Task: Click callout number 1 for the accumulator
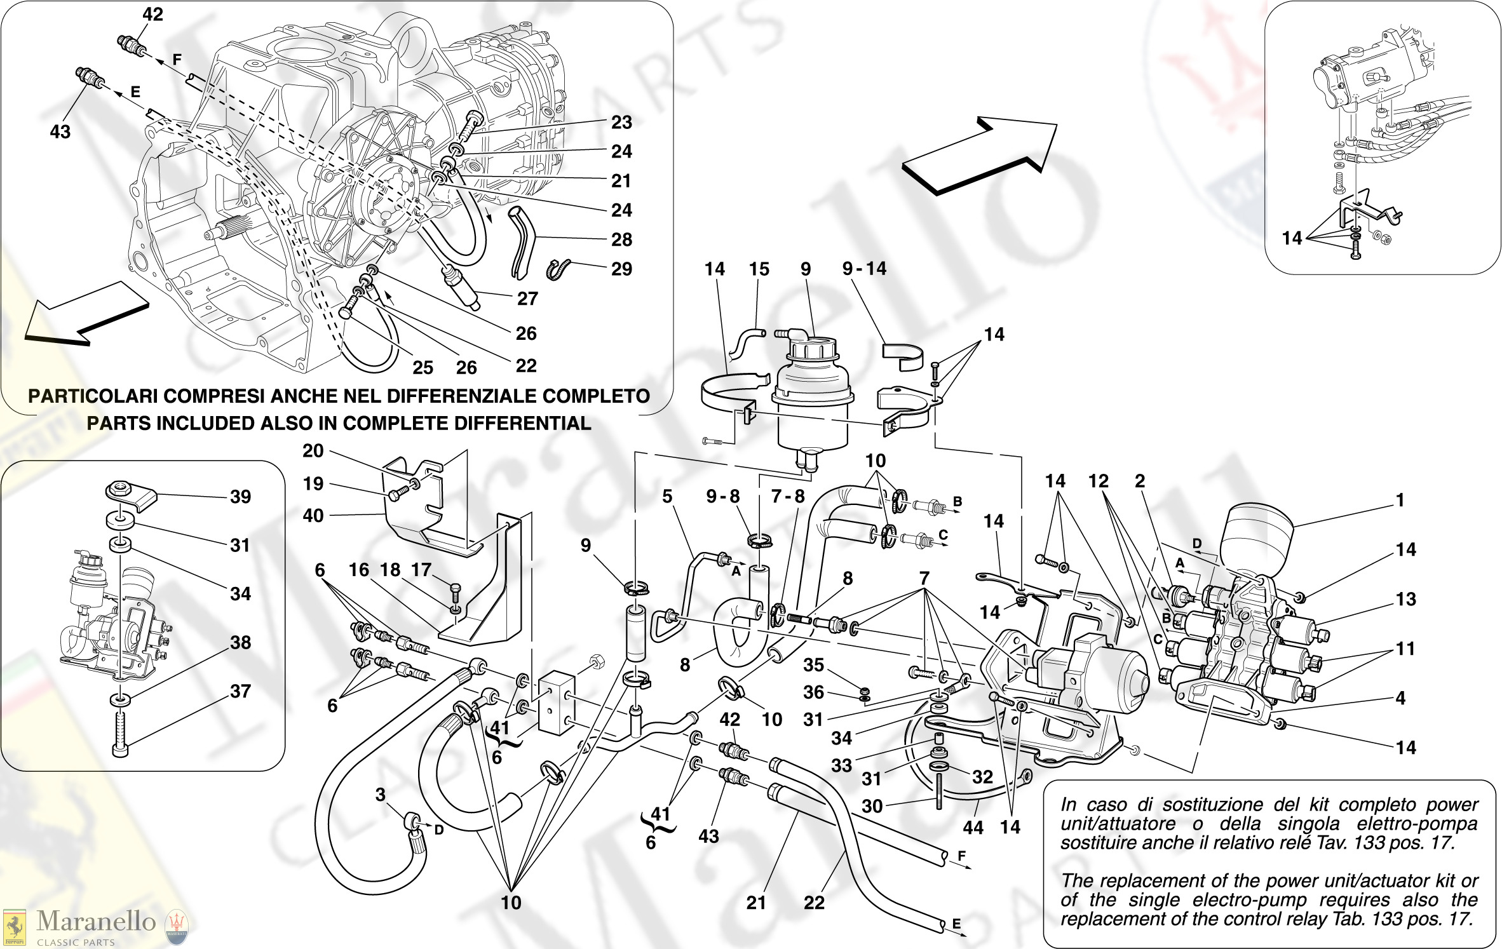pos(1399,501)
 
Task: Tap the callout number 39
pos(240,497)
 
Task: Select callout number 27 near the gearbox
pos(527,299)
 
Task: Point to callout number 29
pos(621,269)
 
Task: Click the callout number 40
pos(313,515)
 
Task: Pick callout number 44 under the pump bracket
pos(973,828)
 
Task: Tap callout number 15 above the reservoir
pos(759,269)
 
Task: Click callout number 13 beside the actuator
pos(1406,599)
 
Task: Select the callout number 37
pos(240,691)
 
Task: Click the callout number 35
pos(813,665)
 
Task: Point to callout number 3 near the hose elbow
pos(380,795)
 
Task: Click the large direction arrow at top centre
pos(979,156)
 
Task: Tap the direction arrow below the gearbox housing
pos(86,314)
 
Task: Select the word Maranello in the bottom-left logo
pos(96,921)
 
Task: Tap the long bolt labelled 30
pos(939,791)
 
